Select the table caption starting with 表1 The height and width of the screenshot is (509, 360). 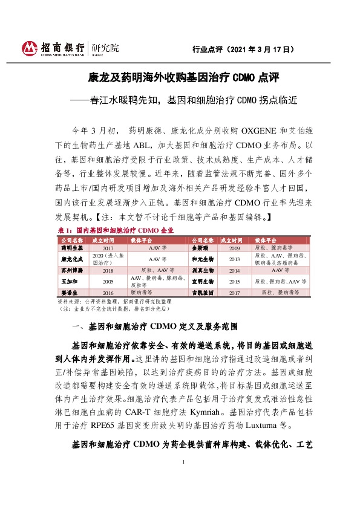coord(116,231)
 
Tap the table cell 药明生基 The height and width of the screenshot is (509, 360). coord(71,247)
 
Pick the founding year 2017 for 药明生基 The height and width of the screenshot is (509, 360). coord(108,247)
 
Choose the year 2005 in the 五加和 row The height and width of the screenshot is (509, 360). coord(108,281)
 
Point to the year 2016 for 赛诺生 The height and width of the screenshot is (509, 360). coord(108,292)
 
